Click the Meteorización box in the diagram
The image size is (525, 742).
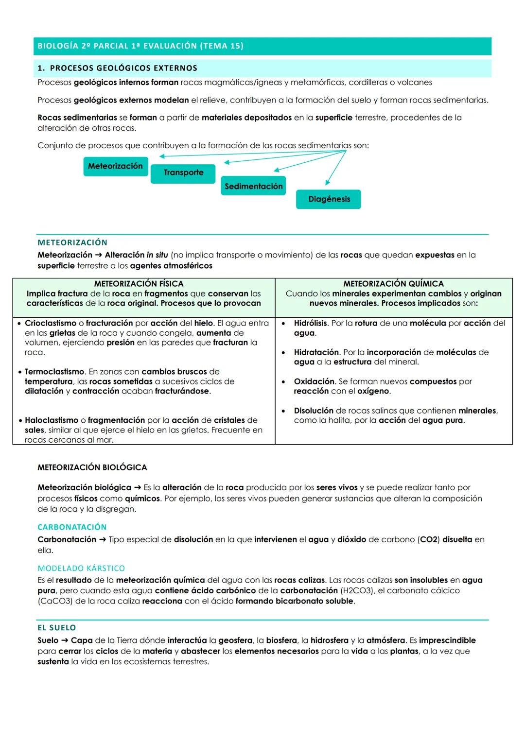115,166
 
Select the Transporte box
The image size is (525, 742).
183,173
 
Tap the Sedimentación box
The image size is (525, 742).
253,186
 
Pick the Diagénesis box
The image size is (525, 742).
329,199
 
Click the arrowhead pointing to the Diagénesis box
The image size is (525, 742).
327,183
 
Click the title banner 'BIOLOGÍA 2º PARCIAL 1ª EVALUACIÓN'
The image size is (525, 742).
140,46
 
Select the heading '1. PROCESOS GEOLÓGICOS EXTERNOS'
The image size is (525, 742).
117,68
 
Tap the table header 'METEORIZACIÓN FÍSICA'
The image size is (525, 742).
139,283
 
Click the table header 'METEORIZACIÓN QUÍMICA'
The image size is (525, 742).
393,283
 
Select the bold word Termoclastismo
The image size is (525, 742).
54,372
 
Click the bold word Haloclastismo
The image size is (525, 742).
51,420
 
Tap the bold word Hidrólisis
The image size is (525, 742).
311,323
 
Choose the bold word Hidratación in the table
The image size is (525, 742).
316,352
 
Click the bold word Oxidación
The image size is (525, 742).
314,381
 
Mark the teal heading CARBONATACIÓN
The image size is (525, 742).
72,527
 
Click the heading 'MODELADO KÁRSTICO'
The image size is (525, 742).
81,568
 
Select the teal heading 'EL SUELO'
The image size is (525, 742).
57,628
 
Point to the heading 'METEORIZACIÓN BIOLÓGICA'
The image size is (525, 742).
92,467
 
